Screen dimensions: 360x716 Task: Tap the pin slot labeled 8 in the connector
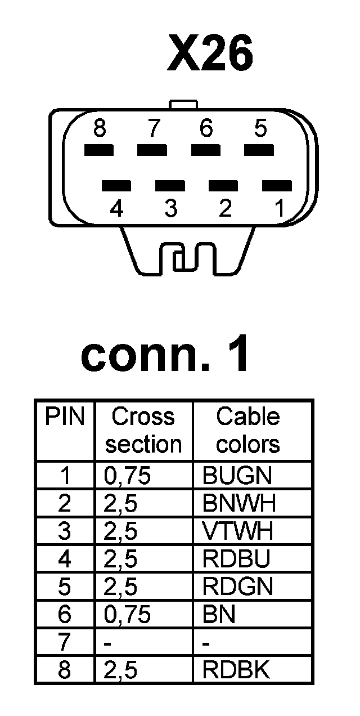click(x=99, y=150)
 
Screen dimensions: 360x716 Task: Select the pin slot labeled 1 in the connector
click(x=277, y=185)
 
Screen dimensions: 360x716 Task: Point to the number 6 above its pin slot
click(x=206, y=129)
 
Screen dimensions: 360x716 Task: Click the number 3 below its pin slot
click(x=171, y=209)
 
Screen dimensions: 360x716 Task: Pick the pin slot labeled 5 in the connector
click(x=259, y=150)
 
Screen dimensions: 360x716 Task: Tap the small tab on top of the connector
click(x=183, y=105)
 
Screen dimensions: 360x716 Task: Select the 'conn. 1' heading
click(x=165, y=355)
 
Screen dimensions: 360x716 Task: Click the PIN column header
click(x=65, y=417)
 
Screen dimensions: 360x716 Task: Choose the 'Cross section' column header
click(x=143, y=431)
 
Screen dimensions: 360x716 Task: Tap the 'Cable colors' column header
click(x=248, y=431)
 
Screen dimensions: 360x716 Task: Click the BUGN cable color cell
click(x=236, y=476)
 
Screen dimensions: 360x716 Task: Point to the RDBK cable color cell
click(x=236, y=670)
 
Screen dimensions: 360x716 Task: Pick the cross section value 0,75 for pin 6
click(x=128, y=615)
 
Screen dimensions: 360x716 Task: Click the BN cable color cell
click(x=218, y=615)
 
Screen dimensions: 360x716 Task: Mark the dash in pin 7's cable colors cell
click(x=206, y=643)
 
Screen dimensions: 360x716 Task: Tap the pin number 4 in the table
click(x=65, y=560)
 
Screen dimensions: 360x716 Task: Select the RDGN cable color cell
click(x=237, y=587)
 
